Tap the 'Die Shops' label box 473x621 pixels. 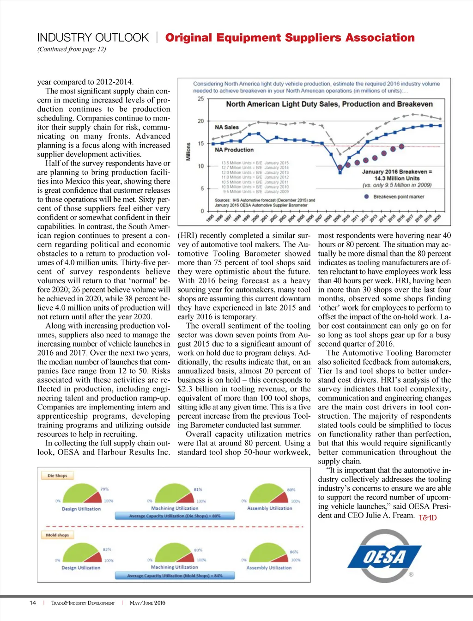point(57,475)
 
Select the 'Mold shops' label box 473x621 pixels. point(57,535)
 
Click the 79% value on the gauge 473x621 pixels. point(105,489)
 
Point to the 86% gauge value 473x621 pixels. point(294,552)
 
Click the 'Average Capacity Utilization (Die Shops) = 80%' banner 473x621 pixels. point(175,516)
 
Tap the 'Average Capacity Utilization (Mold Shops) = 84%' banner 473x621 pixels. point(175,576)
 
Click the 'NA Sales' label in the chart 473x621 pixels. point(227,127)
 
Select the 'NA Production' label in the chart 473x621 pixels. point(234,150)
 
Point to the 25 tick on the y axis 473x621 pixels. point(201,98)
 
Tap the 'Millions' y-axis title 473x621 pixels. point(188,152)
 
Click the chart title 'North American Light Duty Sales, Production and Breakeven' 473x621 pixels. point(329,104)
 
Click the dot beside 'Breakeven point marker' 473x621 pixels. point(366,196)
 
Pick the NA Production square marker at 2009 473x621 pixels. point(340,172)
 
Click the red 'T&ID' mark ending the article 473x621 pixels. point(427,517)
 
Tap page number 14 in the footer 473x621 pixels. point(33,603)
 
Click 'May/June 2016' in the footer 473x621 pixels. point(147,603)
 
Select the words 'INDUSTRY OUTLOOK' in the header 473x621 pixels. point(93,37)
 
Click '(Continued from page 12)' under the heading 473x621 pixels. point(72,49)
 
